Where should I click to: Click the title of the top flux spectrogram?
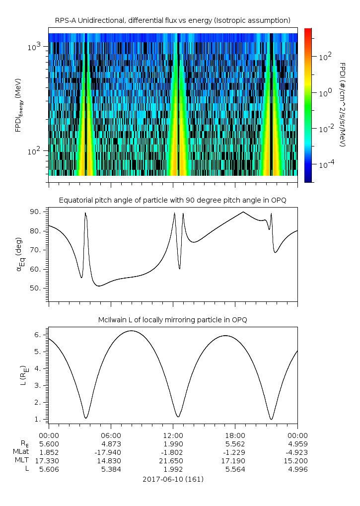click(x=172, y=20)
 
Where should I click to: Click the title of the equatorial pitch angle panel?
click(x=172, y=200)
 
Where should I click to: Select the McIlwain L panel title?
click(x=172, y=320)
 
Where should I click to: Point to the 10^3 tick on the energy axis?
click(x=36, y=47)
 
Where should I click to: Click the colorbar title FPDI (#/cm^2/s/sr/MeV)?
click(x=342, y=105)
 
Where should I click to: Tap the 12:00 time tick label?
click(x=173, y=435)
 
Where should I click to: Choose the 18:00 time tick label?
click(x=235, y=435)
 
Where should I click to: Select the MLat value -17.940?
click(x=111, y=452)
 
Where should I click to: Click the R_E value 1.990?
click(x=173, y=444)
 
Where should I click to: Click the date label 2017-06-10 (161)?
click(x=173, y=479)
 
